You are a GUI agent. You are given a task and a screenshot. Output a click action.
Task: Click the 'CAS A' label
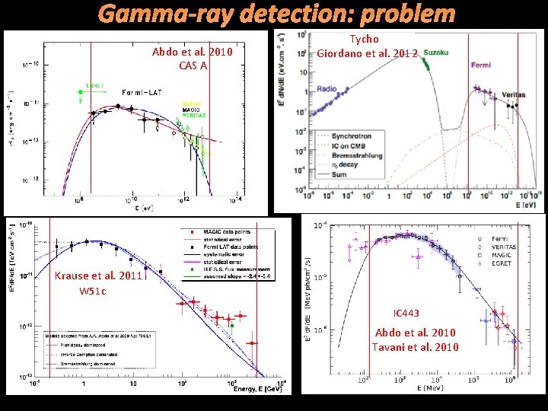[x=193, y=65]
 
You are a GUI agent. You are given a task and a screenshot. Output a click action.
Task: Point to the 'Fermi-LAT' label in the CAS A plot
[x=142, y=92]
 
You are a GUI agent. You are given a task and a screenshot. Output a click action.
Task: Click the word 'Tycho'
[x=364, y=39]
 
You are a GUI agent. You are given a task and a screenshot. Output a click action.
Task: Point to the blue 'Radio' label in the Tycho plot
[x=327, y=88]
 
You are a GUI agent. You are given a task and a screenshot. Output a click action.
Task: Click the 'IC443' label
[x=406, y=314]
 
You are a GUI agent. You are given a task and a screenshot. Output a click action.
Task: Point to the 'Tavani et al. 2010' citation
[x=415, y=347]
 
